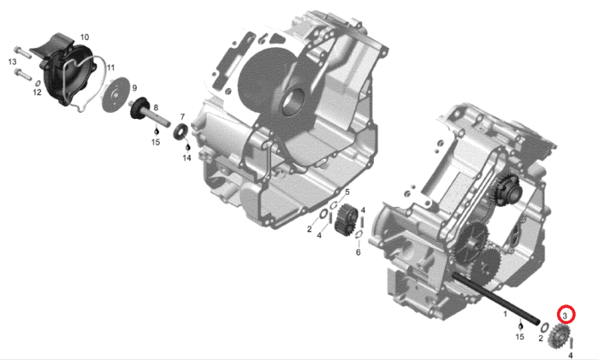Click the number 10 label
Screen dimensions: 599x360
(85, 37)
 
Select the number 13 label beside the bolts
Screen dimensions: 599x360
(12, 62)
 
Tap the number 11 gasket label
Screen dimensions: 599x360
(110, 68)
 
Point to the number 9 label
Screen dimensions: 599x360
(134, 88)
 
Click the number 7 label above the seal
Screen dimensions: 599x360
(182, 117)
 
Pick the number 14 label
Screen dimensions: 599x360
(187, 157)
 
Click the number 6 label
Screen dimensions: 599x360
(358, 252)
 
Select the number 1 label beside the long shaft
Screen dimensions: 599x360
(505, 314)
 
